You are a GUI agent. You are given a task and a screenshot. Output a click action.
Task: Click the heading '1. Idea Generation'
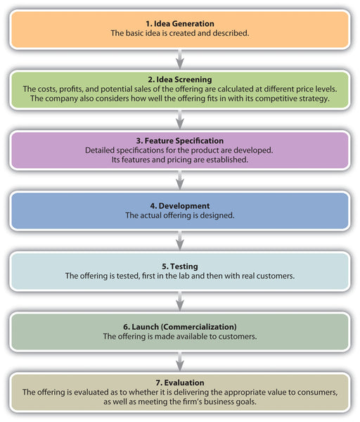180,24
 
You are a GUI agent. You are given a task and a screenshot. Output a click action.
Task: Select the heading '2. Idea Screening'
180,79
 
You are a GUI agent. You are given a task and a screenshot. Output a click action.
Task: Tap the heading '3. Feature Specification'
180,141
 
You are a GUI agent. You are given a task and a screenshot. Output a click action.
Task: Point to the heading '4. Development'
180,206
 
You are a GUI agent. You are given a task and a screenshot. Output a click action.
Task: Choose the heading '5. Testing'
180,267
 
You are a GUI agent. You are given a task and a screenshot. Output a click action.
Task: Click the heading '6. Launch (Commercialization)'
180,327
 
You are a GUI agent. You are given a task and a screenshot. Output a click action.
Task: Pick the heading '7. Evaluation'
180,383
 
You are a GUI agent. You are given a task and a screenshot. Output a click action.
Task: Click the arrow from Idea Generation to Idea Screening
180,60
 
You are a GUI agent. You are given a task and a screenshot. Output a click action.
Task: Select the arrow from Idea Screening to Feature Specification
180,120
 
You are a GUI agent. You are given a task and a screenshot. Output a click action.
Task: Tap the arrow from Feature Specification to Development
180,180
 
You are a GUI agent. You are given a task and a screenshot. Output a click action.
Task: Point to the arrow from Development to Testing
180,241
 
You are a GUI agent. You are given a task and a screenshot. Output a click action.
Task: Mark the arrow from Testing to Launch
180,301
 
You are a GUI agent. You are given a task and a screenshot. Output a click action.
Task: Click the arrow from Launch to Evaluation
180,362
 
